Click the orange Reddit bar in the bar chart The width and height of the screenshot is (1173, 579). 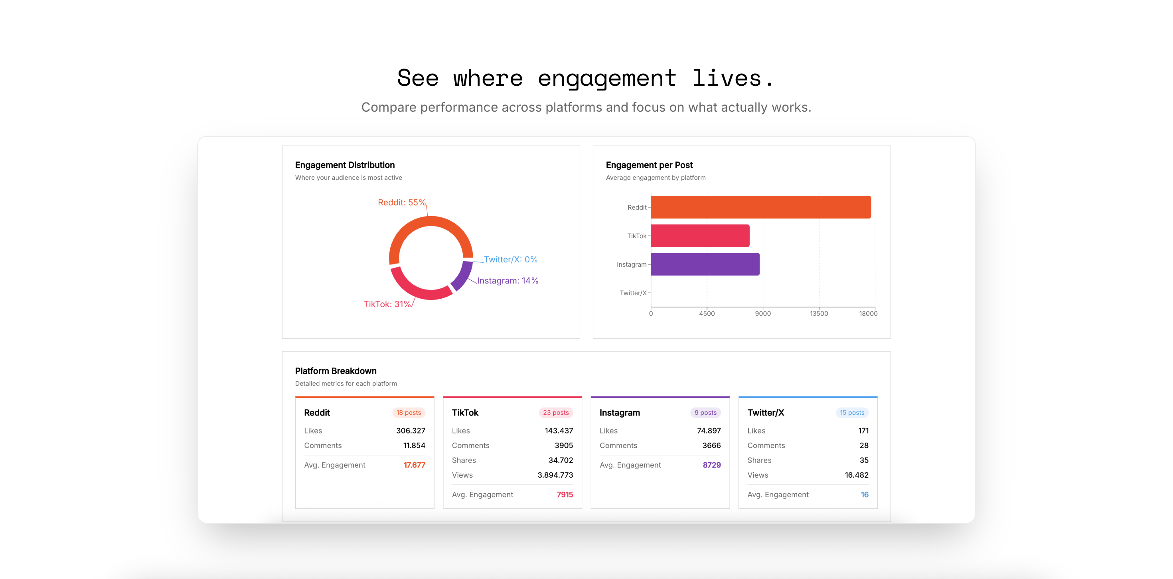760,207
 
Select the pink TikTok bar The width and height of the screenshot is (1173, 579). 700,236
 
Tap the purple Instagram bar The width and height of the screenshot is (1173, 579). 705,264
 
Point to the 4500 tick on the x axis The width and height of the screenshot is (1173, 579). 707,313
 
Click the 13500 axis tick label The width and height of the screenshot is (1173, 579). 819,313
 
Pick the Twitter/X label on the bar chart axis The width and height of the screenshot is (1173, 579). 633,293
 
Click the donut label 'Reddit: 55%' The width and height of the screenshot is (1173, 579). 402,202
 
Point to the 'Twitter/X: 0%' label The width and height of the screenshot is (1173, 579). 510,260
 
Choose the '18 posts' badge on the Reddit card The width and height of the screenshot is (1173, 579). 409,412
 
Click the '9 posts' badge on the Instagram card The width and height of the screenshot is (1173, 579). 705,412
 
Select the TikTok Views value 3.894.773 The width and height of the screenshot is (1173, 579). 555,475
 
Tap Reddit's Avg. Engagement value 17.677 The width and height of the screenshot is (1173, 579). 414,465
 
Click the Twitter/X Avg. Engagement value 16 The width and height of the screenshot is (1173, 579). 864,494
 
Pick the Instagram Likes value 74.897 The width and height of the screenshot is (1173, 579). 709,431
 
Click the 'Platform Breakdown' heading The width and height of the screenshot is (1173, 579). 336,370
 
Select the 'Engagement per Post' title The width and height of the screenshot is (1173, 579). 649,165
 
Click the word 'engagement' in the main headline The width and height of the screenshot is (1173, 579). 607,78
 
